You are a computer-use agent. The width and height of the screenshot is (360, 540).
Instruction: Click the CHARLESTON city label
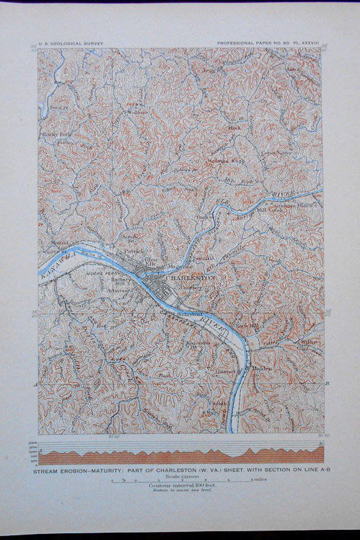190,277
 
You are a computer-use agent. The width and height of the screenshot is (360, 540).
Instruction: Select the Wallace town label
138,111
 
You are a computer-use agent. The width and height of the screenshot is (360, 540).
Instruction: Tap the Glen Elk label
150,262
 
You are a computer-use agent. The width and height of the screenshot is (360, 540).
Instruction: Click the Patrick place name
134,251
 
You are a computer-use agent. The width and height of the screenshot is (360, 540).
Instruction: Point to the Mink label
234,128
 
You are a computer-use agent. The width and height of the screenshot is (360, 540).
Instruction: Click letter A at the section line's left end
35,384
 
